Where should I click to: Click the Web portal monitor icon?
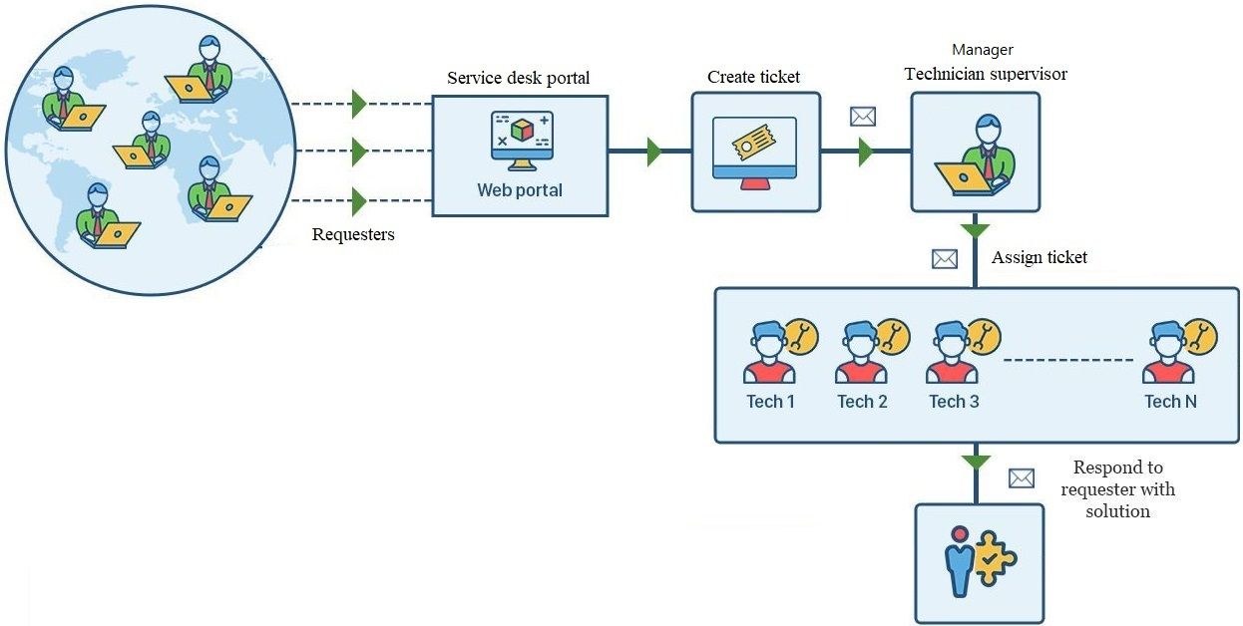click(521, 141)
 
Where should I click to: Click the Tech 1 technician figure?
click(769, 353)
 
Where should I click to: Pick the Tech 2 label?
click(862, 402)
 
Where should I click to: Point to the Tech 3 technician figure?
click(953, 353)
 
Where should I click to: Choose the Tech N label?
click(1170, 402)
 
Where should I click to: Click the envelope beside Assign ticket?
click(944, 259)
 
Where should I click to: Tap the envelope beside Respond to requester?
click(1022, 478)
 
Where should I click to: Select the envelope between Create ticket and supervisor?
click(862, 117)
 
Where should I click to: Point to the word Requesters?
click(353, 235)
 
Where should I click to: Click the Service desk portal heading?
click(518, 78)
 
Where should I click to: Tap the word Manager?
click(982, 49)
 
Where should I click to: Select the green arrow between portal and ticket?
click(653, 153)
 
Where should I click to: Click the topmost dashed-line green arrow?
click(359, 103)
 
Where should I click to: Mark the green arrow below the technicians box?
click(976, 462)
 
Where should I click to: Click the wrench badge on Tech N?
click(1200, 337)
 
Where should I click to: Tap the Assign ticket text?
click(1038, 257)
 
